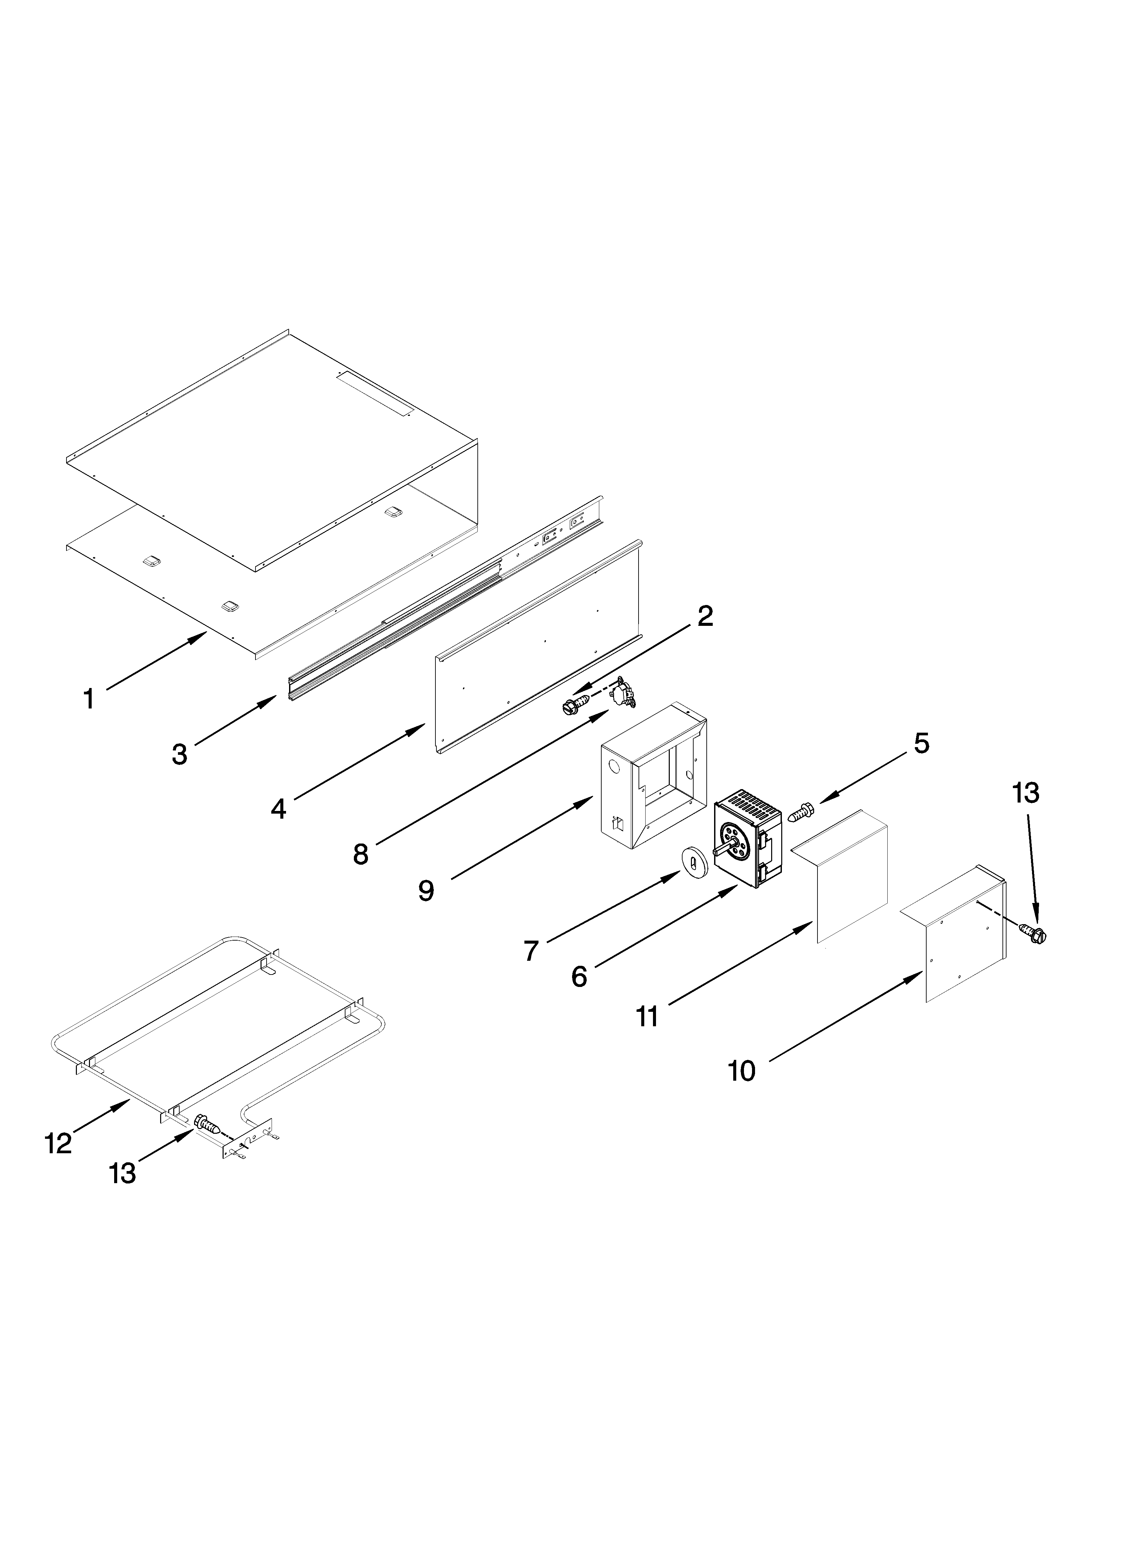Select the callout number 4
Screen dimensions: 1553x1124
278,809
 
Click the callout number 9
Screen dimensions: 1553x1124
426,890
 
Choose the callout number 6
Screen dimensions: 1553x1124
579,977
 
